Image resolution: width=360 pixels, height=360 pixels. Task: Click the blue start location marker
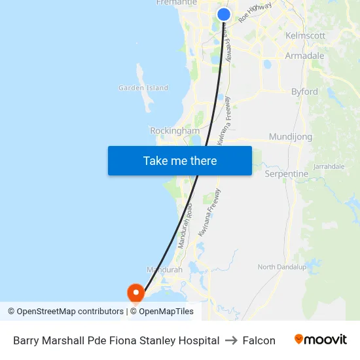(x=224, y=14)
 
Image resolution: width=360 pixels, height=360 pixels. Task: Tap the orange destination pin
(x=135, y=291)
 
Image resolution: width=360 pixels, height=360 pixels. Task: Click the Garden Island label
(x=143, y=88)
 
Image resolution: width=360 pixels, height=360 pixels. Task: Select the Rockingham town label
(x=175, y=131)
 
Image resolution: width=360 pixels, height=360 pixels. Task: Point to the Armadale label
(x=304, y=56)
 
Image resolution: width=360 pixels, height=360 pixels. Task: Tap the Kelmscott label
(x=306, y=35)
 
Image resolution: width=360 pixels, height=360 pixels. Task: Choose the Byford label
(x=304, y=92)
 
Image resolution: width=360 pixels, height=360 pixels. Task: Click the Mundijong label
(x=291, y=138)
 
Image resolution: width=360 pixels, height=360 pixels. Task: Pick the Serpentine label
(x=286, y=174)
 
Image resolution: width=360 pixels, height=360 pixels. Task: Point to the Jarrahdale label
(x=329, y=167)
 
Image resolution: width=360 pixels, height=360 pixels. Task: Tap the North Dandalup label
(x=281, y=267)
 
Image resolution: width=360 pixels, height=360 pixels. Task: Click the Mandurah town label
(x=164, y=270)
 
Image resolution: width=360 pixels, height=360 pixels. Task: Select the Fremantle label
(x=176, y=3)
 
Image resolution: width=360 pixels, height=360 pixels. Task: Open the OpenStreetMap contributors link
(x=65, y=312)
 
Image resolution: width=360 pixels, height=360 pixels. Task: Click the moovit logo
(x=320, y=340)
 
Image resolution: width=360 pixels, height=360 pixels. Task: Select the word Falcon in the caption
(x=259, y=340)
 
